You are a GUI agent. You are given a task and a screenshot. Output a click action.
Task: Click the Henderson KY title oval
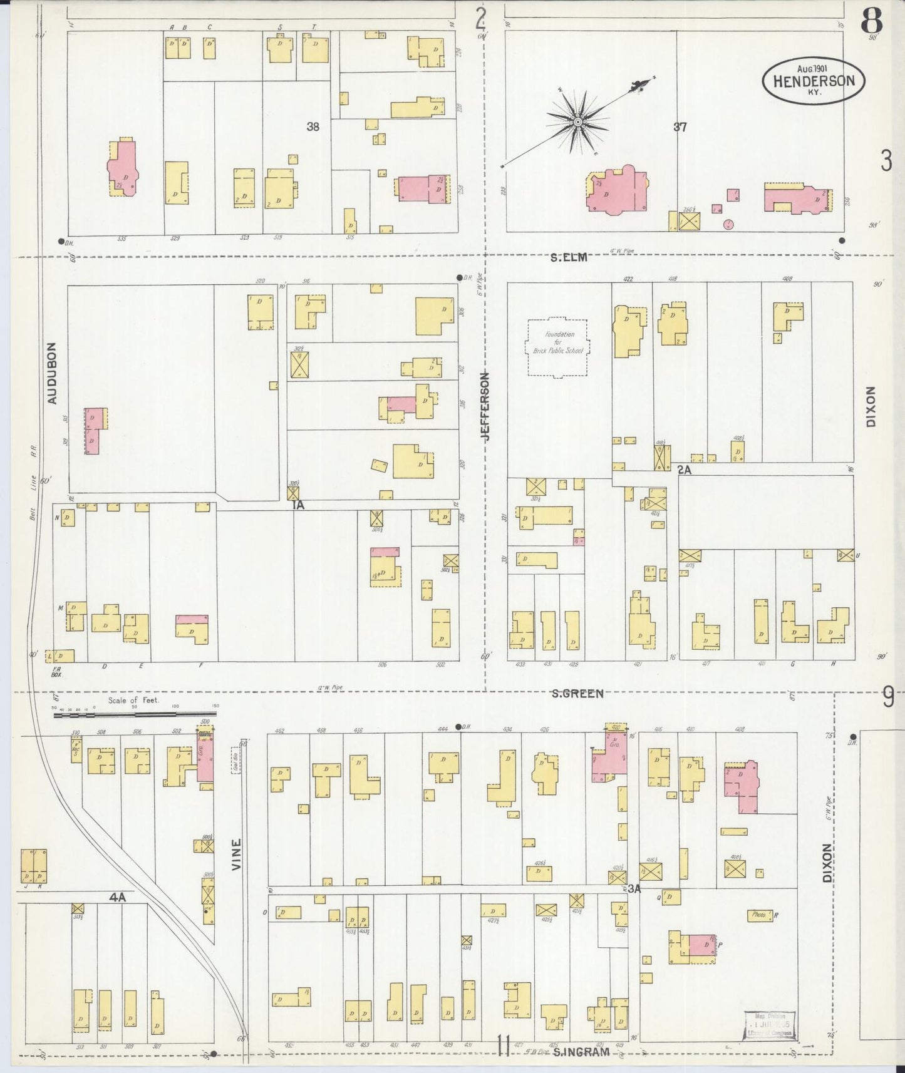[x=813, y=81]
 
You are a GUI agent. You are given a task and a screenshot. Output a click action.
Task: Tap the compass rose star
[x=577, y=121]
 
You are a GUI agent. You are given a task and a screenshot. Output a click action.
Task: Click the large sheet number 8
[x=871, y=23]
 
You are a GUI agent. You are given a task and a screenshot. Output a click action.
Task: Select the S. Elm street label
[x=569, y=257]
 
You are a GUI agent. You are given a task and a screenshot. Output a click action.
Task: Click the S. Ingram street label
[x=581, y=1052]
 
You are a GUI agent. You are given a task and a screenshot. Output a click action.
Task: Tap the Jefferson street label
[x=486, y=407]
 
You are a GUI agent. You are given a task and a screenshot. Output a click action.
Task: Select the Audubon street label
[x=52, y=373]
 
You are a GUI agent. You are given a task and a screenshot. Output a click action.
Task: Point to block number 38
[x=313, y=127]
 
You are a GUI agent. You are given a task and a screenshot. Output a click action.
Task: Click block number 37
[x=680, y=127]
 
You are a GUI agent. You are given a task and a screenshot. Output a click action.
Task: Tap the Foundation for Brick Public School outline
[x=557, y=347]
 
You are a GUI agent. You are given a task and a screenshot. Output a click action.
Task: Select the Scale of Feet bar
[x=135, y=712]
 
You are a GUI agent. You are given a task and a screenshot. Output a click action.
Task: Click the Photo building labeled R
[x=760, y=915]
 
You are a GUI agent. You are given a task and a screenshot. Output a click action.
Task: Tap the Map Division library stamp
[x=770, y=1025]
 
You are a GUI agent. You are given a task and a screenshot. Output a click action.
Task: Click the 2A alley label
[x=684, y=470]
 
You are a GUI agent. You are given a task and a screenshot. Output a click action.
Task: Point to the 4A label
[x=117, y=897]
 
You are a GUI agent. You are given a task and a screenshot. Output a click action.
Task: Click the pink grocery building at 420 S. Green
[x=610, y=756]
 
